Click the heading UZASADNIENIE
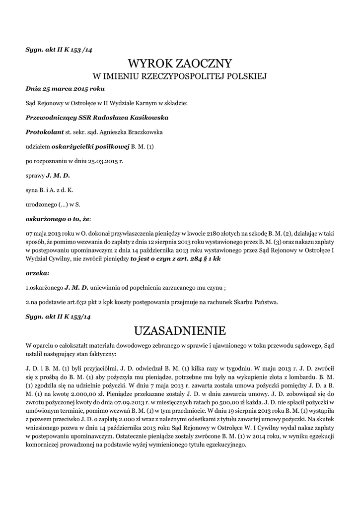click(180, 330)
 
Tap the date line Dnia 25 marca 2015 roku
click(65, 89)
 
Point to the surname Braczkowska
click(144, 132)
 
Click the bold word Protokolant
click(45, 132)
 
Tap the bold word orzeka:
click(37, 273)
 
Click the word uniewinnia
click(107, 287)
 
